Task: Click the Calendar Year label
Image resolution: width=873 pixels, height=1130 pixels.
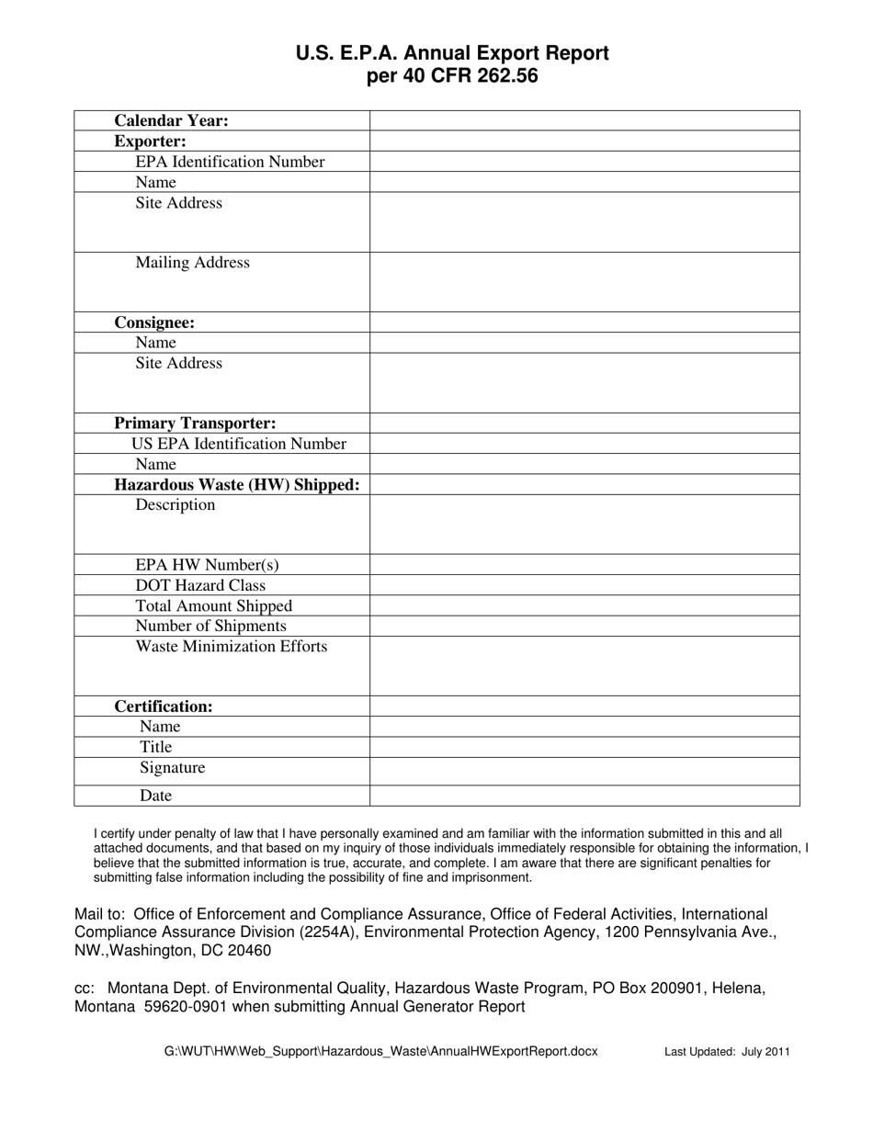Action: point(171,120)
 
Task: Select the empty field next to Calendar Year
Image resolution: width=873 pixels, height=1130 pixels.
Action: point(584,120)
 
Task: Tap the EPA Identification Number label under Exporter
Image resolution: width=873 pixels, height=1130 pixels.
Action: point(230,162)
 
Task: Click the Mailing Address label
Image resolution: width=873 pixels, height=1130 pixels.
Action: point(192,263)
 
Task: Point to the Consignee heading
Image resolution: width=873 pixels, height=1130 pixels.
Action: point(153,322)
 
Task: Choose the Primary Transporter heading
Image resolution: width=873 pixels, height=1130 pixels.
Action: point(194,424)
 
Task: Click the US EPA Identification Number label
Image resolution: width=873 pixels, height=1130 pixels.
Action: point(239,444)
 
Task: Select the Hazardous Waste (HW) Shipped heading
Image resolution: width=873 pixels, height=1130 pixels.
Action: point(236,484)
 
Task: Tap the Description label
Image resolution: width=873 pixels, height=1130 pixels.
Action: point(175,505)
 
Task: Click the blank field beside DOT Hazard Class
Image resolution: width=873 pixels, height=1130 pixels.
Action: point(584,585)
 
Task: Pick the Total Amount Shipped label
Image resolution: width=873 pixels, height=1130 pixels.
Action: point(213,606)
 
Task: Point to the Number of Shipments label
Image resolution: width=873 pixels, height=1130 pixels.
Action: point(210,627)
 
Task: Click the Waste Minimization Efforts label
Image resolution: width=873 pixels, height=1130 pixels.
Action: point(231,647)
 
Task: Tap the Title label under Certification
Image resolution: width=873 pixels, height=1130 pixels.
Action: point(155,747)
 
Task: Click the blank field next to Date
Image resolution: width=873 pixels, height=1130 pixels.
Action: point(584,795)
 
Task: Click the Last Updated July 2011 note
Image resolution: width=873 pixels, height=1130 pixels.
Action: point(727,1052)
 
